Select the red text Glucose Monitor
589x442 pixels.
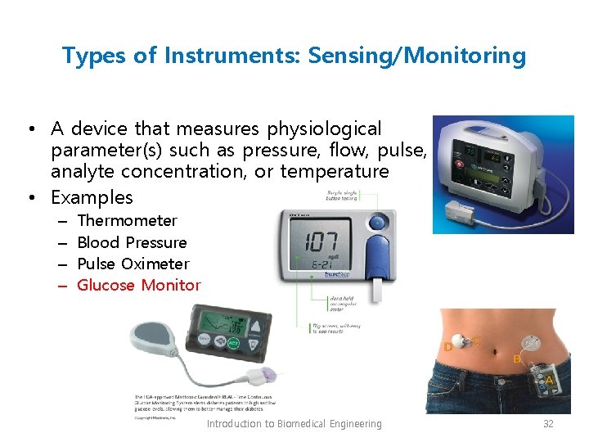138,285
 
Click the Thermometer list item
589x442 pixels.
127,220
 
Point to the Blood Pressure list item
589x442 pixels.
132,242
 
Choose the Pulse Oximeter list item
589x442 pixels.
133,264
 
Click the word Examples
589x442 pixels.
92,197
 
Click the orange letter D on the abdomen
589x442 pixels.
448,348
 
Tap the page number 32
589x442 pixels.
549,423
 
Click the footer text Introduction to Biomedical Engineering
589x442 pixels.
294,423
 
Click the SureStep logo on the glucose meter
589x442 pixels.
326,275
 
